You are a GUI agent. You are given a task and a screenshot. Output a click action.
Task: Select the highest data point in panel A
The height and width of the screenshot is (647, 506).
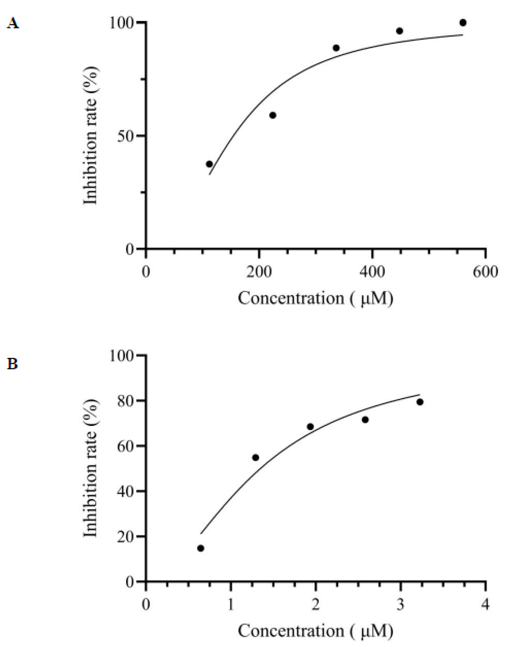click(463, 22)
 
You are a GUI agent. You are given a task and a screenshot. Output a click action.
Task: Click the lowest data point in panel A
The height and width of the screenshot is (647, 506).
click(209, 164)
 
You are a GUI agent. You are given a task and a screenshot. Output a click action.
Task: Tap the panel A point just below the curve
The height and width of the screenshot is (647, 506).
click(273, 115)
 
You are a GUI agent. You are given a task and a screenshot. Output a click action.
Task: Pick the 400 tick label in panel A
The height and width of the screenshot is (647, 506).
click(372, 271)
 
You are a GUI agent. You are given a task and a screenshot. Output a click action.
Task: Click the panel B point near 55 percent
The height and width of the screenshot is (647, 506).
click(256, 457)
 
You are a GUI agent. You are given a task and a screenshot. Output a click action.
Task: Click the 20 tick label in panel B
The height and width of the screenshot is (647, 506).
click(126, 536)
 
